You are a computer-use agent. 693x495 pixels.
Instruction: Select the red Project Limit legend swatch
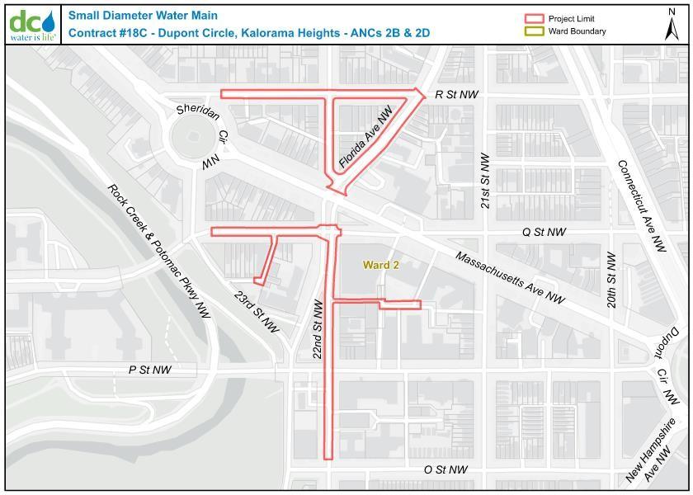coord(535,18)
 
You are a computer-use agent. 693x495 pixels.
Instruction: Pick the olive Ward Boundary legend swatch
coord(535,31)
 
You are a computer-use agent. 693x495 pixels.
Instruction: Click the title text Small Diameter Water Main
coord(131,16)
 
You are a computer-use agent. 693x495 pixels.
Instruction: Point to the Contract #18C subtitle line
coord(248,33)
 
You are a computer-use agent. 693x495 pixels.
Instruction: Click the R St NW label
coord(458,95)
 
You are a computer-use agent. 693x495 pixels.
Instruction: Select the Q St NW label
coord(544,233)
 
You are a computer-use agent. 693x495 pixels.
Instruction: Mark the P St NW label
coord(149,370)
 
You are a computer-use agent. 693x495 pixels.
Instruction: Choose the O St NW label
coord(445,469)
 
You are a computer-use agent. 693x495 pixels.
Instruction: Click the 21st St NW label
coord(485,180)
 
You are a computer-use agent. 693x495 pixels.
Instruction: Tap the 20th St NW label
coord(610,280)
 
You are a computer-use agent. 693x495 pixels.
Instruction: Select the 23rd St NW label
coord(257,311)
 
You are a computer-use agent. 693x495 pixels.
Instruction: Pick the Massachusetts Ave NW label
coord(510,277)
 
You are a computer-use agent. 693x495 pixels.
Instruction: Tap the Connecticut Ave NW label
coord(641,205)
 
